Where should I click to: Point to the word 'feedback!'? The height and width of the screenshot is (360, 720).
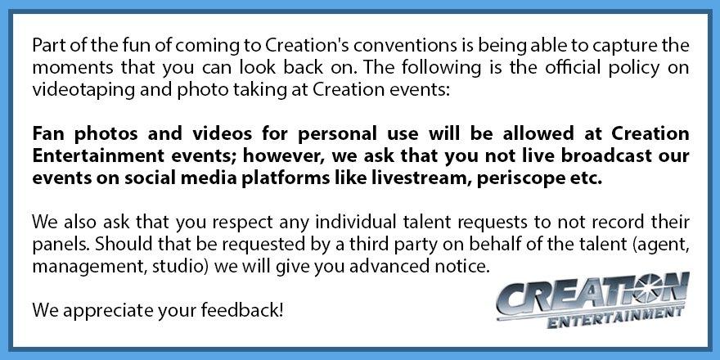[242, 310]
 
